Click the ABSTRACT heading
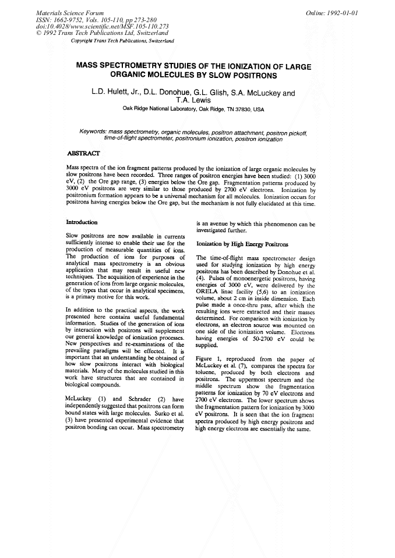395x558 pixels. coord(83,153)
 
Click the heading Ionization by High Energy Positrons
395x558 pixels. coord(242,244)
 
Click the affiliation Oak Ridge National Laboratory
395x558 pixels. coord(161,109)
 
